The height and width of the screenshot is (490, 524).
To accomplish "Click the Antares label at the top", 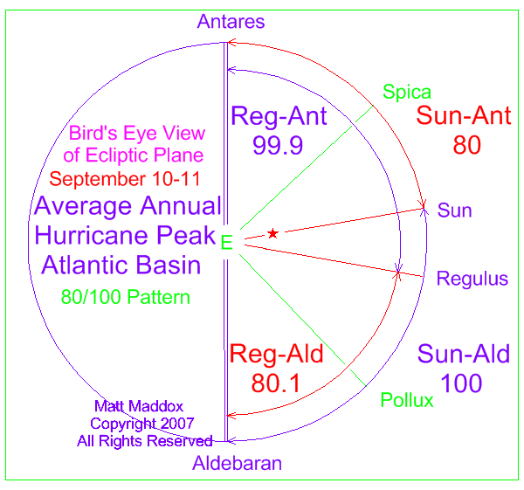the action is (x=231, y=22).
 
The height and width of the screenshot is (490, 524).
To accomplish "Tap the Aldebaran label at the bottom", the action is (x=237, y=463).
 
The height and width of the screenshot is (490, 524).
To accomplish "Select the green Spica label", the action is (x=407, y=93).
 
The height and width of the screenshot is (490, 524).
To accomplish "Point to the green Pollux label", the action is (x=407, y=400).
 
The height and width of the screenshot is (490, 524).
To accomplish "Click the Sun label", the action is (x=454, y=210).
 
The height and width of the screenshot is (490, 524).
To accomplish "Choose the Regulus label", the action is (x=472, y=280).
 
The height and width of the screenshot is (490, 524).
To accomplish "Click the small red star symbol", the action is (x=272, y=233).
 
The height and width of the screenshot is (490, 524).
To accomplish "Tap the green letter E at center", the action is (x=226, y=242).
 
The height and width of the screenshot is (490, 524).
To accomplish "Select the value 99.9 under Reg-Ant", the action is (x=278, y=145).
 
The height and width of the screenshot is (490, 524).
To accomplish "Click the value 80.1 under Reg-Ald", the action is (x=276, y=383).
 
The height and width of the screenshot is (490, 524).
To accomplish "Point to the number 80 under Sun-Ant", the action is (x=467, y=145).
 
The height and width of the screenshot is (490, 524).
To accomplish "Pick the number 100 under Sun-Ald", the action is (x=461, y=383).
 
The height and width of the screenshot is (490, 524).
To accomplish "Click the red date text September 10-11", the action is (x=125, y=179).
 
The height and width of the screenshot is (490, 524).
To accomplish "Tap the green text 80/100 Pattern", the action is (x=125, y=297).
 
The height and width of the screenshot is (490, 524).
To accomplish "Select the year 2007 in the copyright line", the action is (x=177, y=424).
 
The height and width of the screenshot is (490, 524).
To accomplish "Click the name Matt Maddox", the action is (x=139, y=406).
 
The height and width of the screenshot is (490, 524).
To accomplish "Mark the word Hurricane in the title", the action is (x=91, y=235).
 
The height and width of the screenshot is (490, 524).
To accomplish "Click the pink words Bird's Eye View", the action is (x=137, y=134).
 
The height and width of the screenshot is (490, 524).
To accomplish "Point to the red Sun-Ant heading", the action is (x=464, y=115).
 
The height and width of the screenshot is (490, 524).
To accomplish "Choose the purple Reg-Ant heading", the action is (x=279, y=116).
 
